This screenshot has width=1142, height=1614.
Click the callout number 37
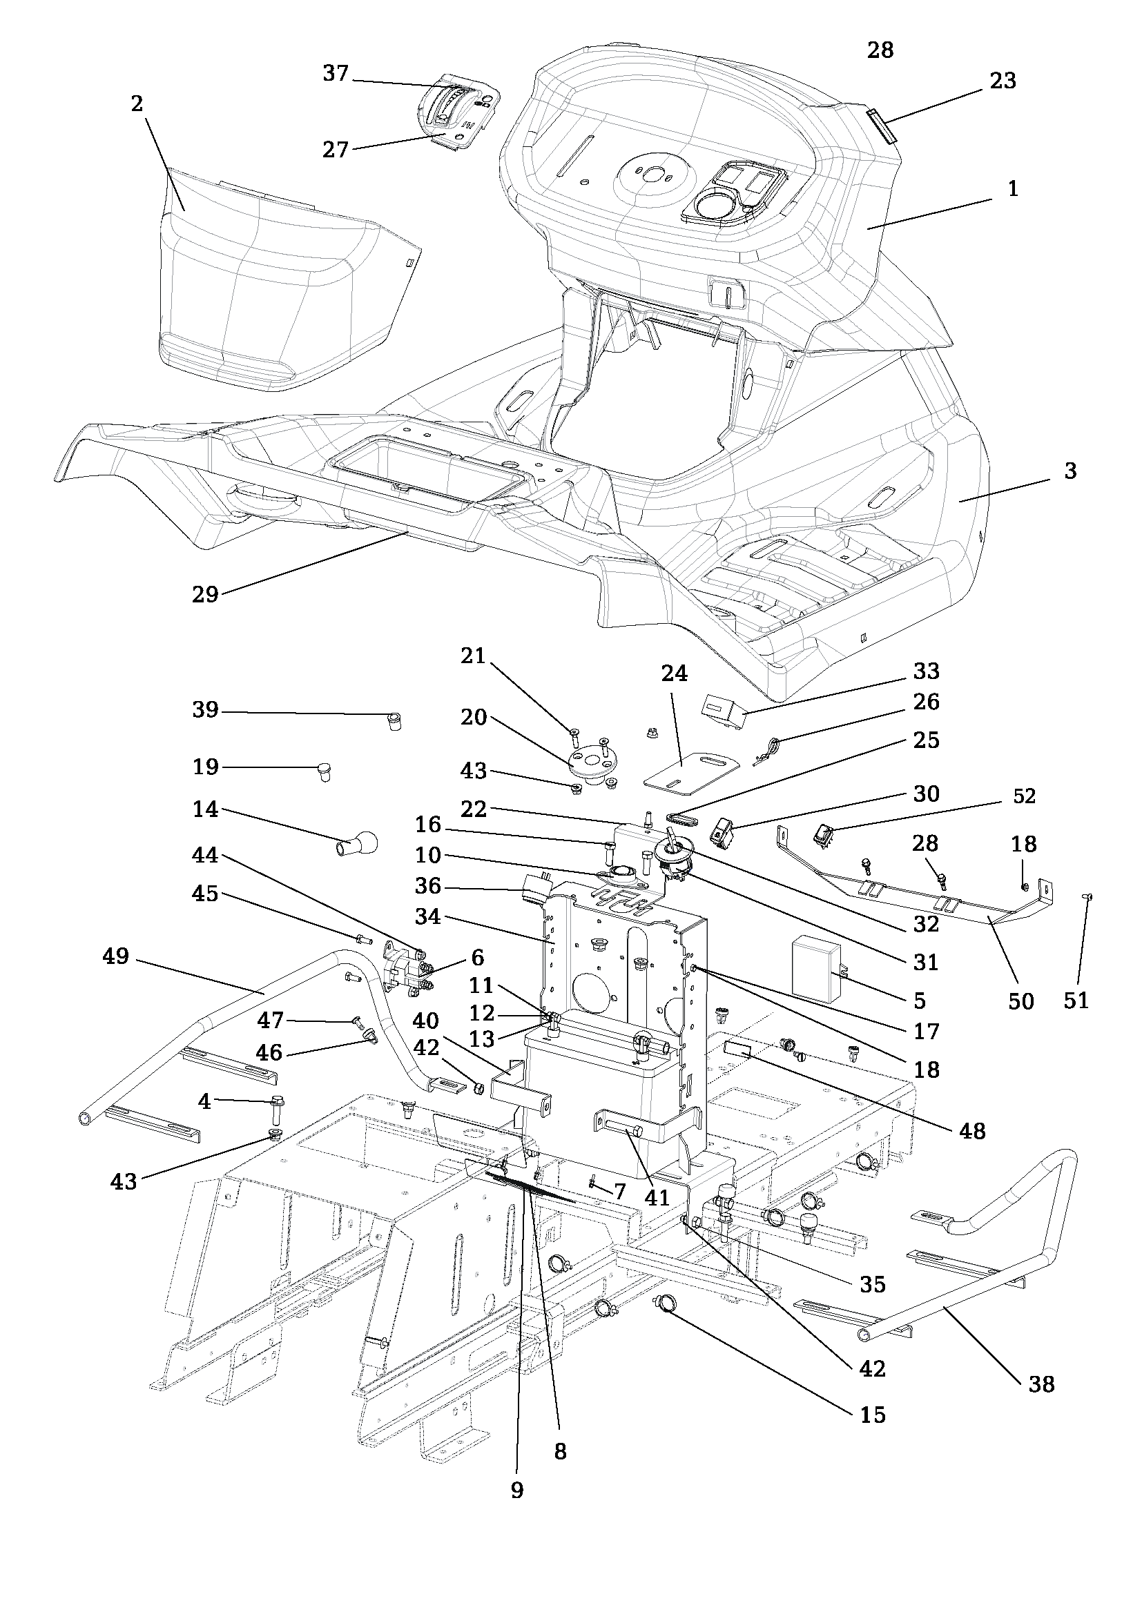(x=336, y=73)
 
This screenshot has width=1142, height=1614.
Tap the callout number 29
(x=205, y=595)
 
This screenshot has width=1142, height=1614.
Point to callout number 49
(x=116, y=956)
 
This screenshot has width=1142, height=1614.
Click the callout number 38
(x=1041, y=1384)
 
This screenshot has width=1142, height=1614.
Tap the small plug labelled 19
(x=325, y=771)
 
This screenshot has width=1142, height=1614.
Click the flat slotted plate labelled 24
(x=693, y=771)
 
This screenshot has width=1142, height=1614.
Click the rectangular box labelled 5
(x=816, y=967)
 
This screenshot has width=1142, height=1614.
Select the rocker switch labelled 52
(x=824, y=835)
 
